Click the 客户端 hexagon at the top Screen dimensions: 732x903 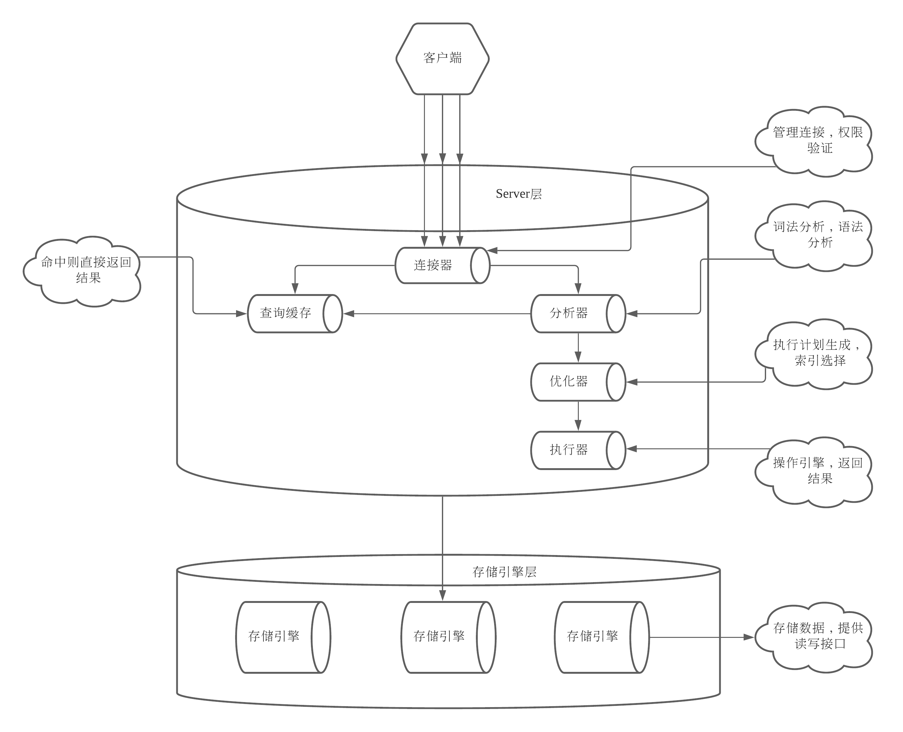(442, 59)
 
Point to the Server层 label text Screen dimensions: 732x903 (518, 194)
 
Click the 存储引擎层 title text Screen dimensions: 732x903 (504, 572)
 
